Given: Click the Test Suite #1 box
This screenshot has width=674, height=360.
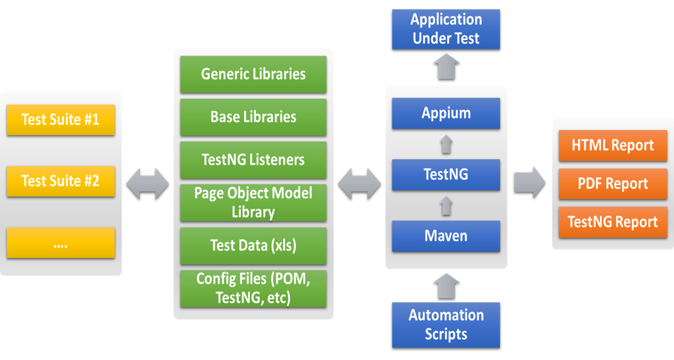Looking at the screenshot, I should [61, 120].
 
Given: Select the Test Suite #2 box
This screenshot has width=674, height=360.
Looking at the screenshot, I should [61, 181].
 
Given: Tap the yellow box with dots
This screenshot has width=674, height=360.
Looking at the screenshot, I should [61, 243].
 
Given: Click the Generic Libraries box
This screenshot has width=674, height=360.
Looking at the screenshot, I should [253, 74].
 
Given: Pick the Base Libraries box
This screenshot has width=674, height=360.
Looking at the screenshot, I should [253, 117].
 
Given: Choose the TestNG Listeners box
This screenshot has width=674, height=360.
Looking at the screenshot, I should [253, 160].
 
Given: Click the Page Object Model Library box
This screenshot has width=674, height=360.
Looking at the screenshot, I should [253, 203].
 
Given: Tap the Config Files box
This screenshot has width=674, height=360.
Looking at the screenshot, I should [253, 288].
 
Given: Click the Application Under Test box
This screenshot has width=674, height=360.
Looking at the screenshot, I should [446, 29].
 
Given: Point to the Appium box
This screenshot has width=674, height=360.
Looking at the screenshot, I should [446, 113].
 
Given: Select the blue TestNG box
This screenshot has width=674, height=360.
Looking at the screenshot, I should [446, 175].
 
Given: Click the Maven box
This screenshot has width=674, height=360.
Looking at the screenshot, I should [446, 236].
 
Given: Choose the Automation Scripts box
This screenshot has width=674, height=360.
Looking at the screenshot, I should [446, 325].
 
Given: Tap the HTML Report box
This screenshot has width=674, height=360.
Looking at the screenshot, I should [612, 145].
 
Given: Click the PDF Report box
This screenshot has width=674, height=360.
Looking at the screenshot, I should [612, 184].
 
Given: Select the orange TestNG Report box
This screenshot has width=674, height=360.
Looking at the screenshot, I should [612, 222].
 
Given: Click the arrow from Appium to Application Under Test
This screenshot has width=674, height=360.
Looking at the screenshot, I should [446, 66].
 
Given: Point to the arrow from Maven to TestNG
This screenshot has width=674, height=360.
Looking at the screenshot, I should [446, 205].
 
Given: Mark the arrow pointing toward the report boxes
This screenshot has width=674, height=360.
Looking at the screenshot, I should [529, 183].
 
